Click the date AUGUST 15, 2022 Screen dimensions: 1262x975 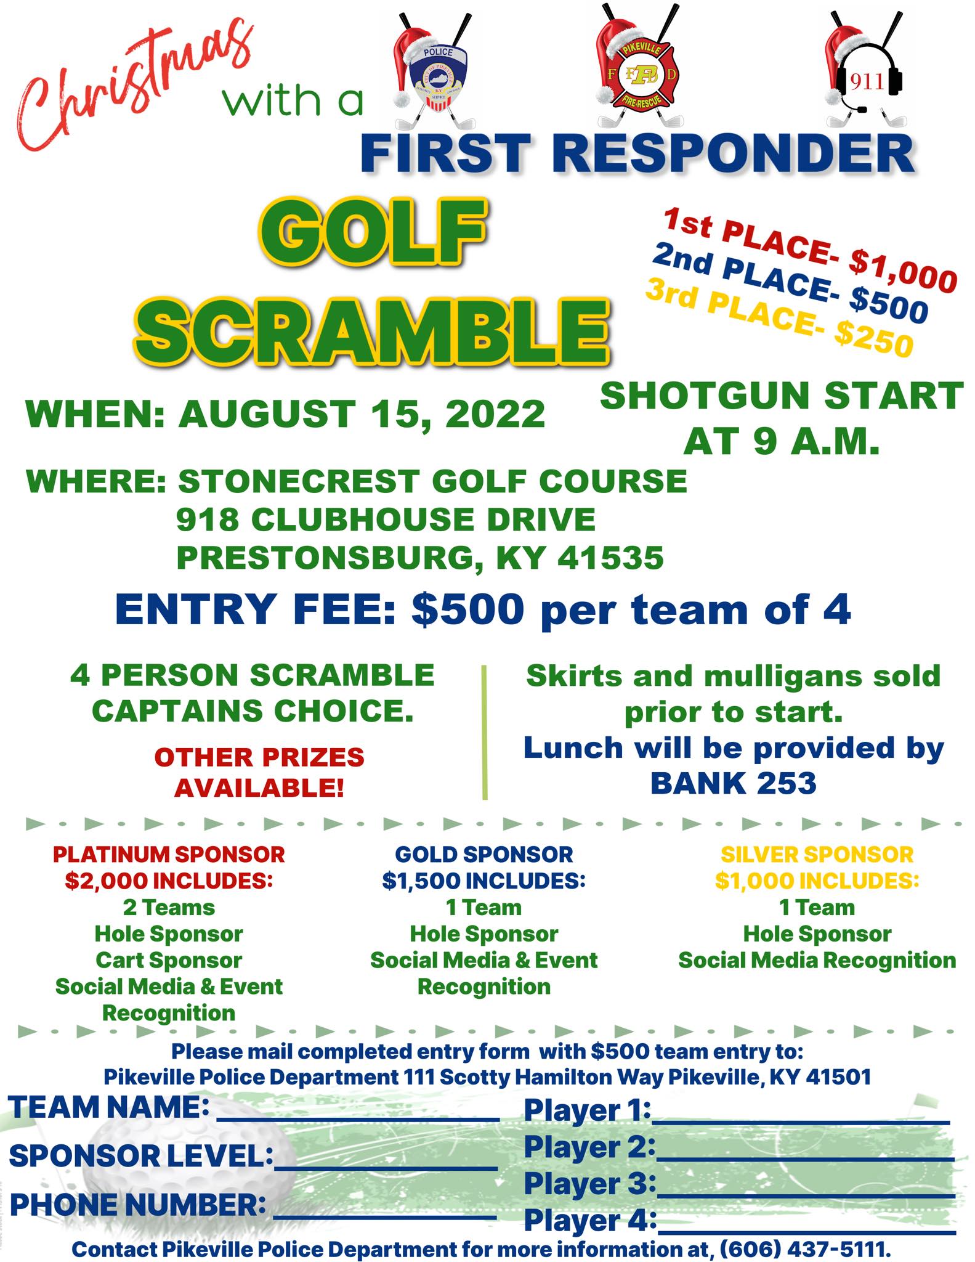click(362, 413)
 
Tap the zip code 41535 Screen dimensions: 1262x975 click(610, 558)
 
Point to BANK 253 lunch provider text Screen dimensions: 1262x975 click(733, 783)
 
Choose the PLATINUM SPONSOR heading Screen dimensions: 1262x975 click(169, 854)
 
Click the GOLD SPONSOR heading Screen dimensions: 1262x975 click(483, 854)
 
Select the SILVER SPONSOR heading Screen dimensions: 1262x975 click(817, 854)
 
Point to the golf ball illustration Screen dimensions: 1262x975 click(185, 1158)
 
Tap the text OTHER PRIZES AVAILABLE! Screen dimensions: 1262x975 click(259, 772)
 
